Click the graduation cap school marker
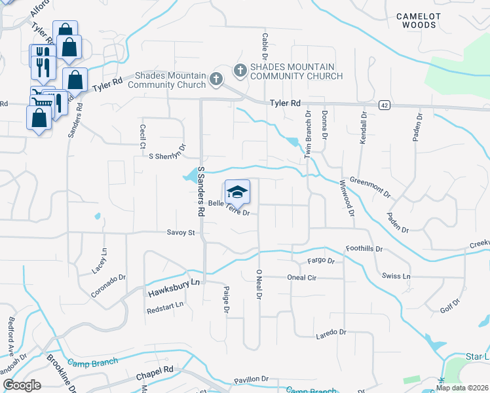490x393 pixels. [x=237, y=191]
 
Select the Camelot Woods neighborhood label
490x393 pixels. [x=419, y=20]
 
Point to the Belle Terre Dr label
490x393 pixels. [x=229, y=208]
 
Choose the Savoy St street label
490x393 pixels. [x=181, y=233]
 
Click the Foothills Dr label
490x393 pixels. [x=364, y=250]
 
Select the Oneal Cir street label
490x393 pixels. [x=302, y=277]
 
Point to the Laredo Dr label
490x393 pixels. [x=331, y=333]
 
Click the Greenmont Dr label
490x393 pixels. [x=370, y=187]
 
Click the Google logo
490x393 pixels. [x=22, y=385]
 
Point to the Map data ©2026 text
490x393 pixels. [x=462, y=388]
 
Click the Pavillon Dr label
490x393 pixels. [x=252, y=379]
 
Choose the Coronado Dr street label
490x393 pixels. [x=108, y=286]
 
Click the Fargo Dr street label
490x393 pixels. [x=321, y=261]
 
